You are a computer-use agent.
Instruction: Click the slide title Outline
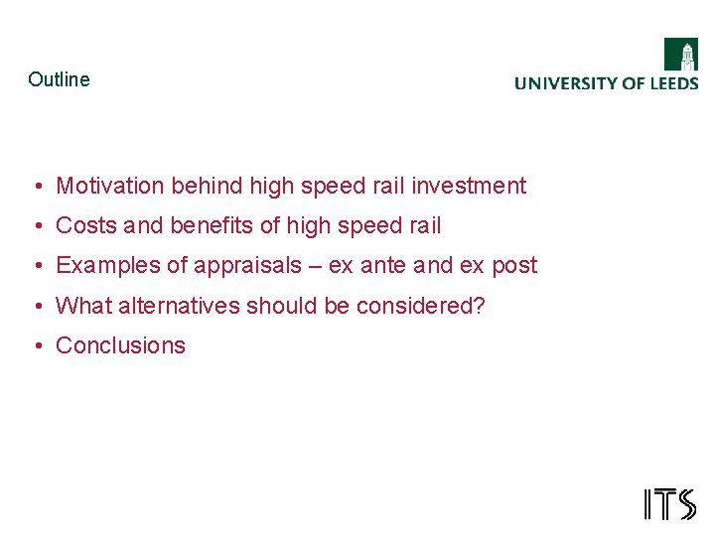pos(59,79)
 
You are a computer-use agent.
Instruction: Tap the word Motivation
pos(110,186)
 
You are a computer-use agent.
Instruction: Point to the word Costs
pos(79,225)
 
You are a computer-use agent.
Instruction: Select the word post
pos(514,266)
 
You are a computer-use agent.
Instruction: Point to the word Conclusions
pos(120,345)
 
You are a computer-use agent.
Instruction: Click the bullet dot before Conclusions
pos(36,345)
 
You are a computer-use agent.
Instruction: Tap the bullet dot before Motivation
pos(36,186)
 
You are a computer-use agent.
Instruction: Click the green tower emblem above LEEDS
pos(681,55)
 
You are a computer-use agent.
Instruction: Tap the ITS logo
pos(669,504)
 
